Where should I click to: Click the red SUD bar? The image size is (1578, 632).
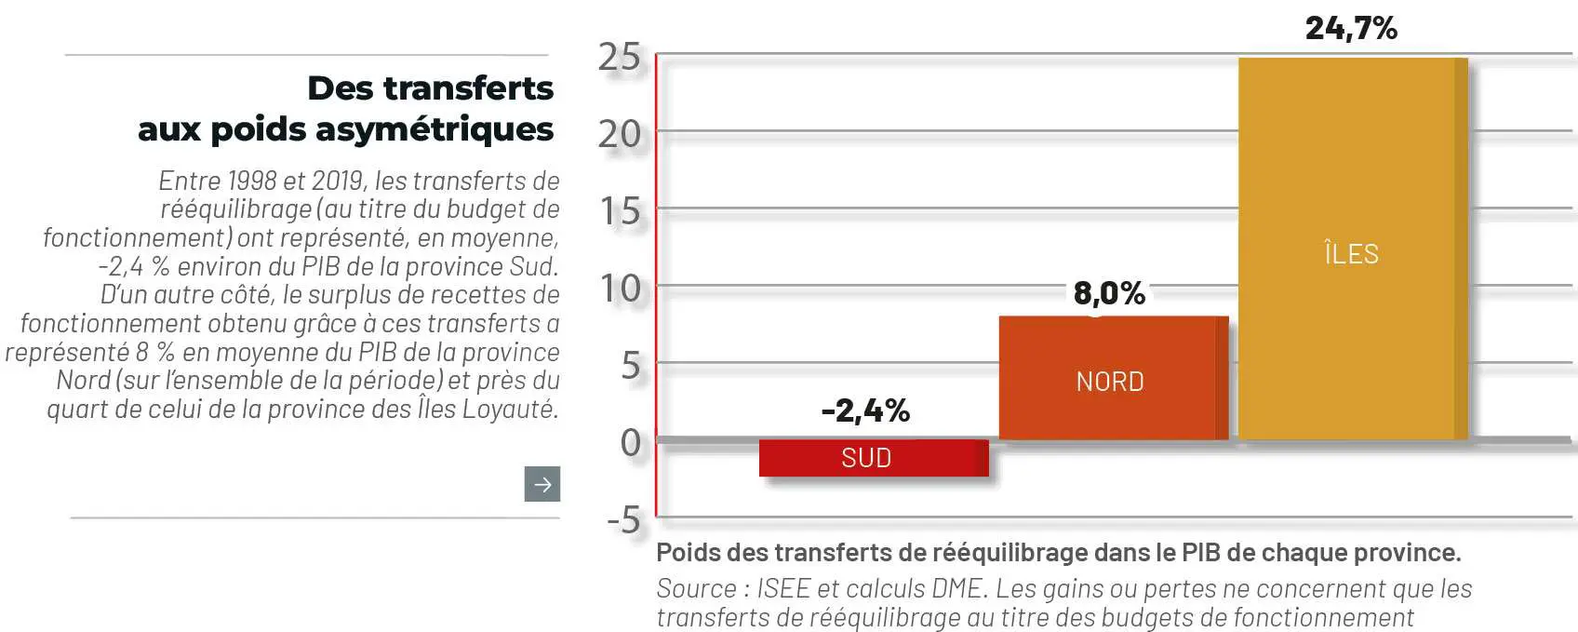873,458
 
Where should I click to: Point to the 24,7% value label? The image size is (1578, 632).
1351,28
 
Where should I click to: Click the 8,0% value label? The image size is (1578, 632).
1109,294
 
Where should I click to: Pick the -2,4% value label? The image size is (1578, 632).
865,410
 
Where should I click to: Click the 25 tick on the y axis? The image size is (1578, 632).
620,58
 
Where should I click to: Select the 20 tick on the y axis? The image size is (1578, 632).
620,135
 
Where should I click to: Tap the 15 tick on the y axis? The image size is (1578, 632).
621,212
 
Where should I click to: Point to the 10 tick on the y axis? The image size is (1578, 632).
621,289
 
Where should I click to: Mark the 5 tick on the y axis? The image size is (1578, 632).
631,367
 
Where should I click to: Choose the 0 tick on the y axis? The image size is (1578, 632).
631,443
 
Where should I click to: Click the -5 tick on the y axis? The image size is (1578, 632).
623,520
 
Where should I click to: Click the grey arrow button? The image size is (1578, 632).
542,484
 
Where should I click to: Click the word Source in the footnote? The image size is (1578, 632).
696,588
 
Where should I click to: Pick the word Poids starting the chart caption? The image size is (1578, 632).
688,553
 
